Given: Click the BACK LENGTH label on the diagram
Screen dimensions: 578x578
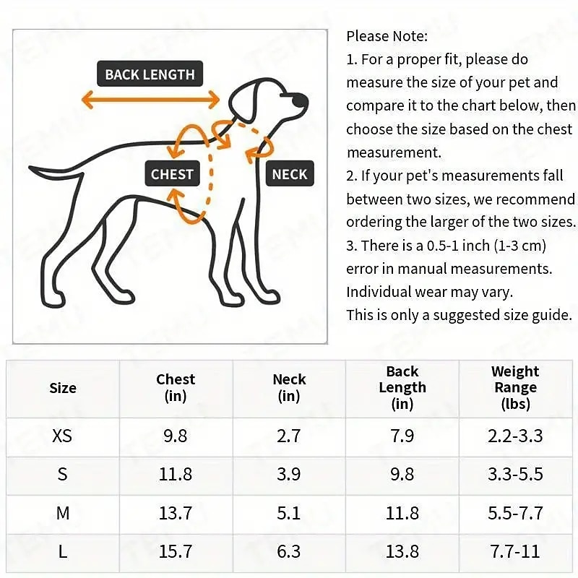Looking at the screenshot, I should tap(150, 74).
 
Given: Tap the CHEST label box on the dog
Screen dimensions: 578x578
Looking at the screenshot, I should tap(172, 173).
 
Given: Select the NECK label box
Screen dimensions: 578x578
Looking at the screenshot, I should tap(290, 173).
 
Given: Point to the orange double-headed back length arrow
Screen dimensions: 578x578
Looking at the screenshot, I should tap(150, 99).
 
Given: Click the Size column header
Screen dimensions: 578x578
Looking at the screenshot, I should tap(63, 388).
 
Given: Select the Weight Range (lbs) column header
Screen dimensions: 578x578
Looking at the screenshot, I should tap(515, 388).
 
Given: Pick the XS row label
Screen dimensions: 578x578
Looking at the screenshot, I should tap(63, 436).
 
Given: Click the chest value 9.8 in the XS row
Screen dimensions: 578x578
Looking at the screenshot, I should tap(176, 436).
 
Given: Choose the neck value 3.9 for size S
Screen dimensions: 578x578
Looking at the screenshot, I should tap(289, 475).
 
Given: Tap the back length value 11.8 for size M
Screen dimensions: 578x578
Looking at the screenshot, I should tap(402, 513).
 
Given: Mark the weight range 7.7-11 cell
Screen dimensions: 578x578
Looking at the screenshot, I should tap(515, 551).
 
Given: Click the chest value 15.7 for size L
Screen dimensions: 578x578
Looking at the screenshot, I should tap(176, 551).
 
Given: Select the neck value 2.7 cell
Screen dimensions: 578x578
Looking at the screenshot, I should tap(289, 436).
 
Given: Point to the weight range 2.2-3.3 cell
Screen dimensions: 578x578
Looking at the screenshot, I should tap(515, 436).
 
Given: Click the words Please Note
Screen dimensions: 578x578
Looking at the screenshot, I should tap(387, 36).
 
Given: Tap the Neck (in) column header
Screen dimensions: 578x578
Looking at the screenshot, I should tap(289, 388).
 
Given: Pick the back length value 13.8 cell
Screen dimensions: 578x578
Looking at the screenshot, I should tap(402, 551).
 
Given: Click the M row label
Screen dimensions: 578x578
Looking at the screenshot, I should tap(63, 513).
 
